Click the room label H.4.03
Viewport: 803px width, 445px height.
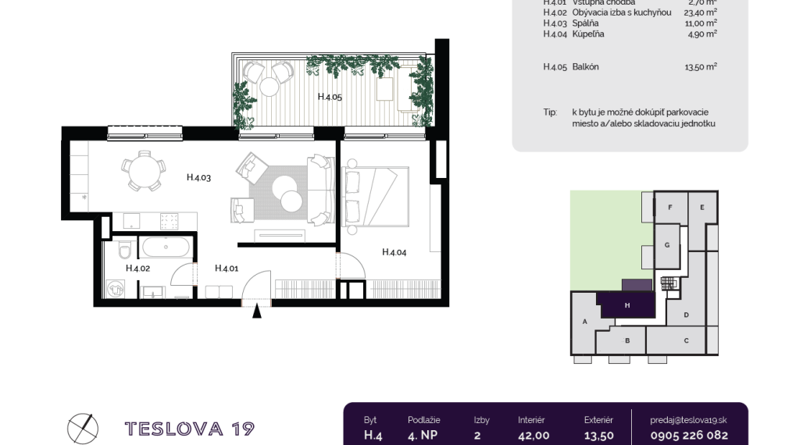tap(199, 178)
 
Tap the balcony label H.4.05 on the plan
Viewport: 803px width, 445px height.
tap(330, 97)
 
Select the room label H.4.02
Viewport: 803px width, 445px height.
tap(137, 268)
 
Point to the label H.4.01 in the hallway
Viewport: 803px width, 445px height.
tap(226, 268)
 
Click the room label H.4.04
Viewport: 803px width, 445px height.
tap(394, 251)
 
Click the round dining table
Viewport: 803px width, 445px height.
tap(143, 171)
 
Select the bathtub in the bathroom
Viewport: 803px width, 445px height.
tap(165, 248)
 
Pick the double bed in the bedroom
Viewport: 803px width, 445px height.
tap(375, 195)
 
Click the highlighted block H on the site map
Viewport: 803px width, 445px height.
tap(626, 305)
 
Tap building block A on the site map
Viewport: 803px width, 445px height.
tap(584, 322)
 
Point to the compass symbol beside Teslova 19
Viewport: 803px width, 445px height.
tap(82, 427)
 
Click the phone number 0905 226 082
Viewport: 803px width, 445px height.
tap(689, 436)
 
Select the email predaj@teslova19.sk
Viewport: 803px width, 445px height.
tap(689, 420)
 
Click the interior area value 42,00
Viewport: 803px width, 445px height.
tap(534, 436)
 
